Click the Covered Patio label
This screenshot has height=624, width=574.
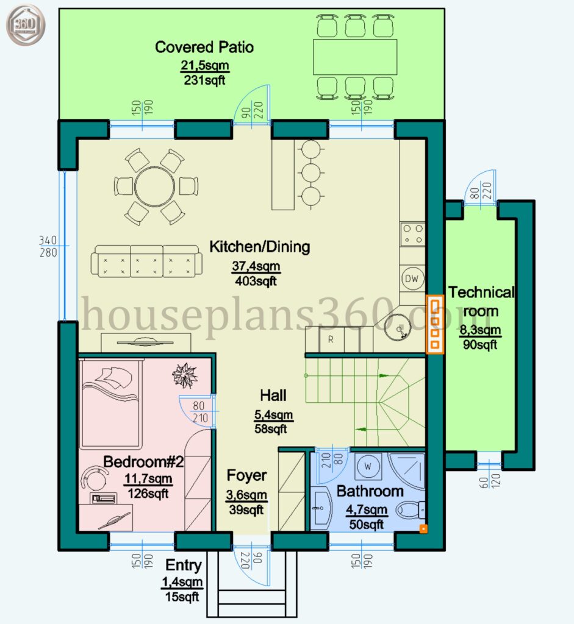click(x=204, y=47)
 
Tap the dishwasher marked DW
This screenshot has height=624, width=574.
click(x=412, y=278)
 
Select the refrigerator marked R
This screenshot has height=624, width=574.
click(x=331, y=339)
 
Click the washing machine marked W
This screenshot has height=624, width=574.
click(x=368, y=466)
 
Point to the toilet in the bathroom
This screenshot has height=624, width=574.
click(x=411, y=510)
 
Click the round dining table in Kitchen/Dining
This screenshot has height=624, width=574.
click(x=154, y=186)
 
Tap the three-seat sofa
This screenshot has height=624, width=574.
click(x=146, y=261)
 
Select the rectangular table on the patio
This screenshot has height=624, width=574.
click(x=355, y=57)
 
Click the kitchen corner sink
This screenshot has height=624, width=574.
click(x=398, y=327)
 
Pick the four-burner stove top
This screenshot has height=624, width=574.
click(x=413, y=235)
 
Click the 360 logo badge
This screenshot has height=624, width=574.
click(x=26, y=24)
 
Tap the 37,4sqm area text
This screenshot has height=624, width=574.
click(x=256, y=266)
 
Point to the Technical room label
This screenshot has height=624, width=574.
click(x=481, y=302)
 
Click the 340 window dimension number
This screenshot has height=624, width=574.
click(x=48, y=240)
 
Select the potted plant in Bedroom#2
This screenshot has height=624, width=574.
click(x=185, y=375)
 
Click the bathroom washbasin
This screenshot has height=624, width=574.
click(x=321, y=508)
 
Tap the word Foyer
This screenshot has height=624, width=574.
click(x=246, y=475)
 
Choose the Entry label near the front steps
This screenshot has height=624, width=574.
click(x=183, y=565)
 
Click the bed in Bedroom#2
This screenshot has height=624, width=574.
click(x=111, y=405)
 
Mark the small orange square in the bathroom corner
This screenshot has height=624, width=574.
click(x=423, y=529)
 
